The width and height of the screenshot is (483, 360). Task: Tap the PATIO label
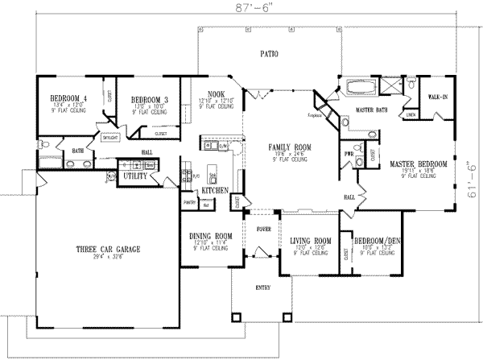(x=269, y=55)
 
